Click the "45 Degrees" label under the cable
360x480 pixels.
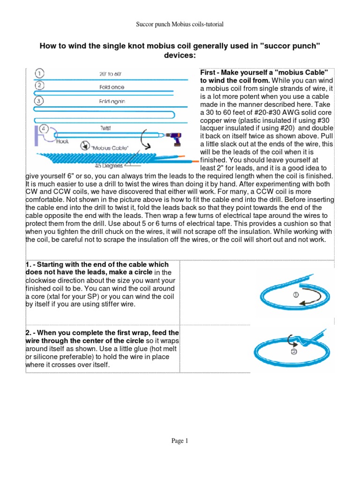point(108,165)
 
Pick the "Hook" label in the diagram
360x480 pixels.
point(62,141)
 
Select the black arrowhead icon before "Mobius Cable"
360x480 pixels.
point(85,145)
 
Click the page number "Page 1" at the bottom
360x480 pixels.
point(180,441)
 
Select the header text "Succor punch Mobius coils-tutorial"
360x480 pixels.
point(180,24)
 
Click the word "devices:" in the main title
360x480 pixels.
point(180,55)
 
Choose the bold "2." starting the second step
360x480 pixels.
point(29,332)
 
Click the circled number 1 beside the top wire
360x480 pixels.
point(40,73)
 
